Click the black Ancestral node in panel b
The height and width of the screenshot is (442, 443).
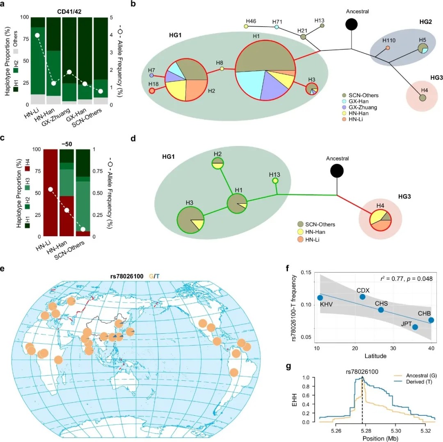(351, 24)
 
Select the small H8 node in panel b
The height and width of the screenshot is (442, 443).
(222, 69)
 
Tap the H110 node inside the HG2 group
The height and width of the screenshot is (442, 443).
(388, 48)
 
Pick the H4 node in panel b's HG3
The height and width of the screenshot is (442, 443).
(422, 98)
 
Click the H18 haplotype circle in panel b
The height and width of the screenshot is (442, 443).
(152, 91)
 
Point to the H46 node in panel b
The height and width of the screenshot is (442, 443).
(246, 26)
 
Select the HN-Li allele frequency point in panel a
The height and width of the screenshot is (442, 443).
(37, 35)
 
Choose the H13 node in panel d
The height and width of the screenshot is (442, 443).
(275, 181)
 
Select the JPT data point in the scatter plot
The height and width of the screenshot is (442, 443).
(415, 327)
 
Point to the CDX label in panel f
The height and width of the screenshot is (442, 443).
(363, 289)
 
